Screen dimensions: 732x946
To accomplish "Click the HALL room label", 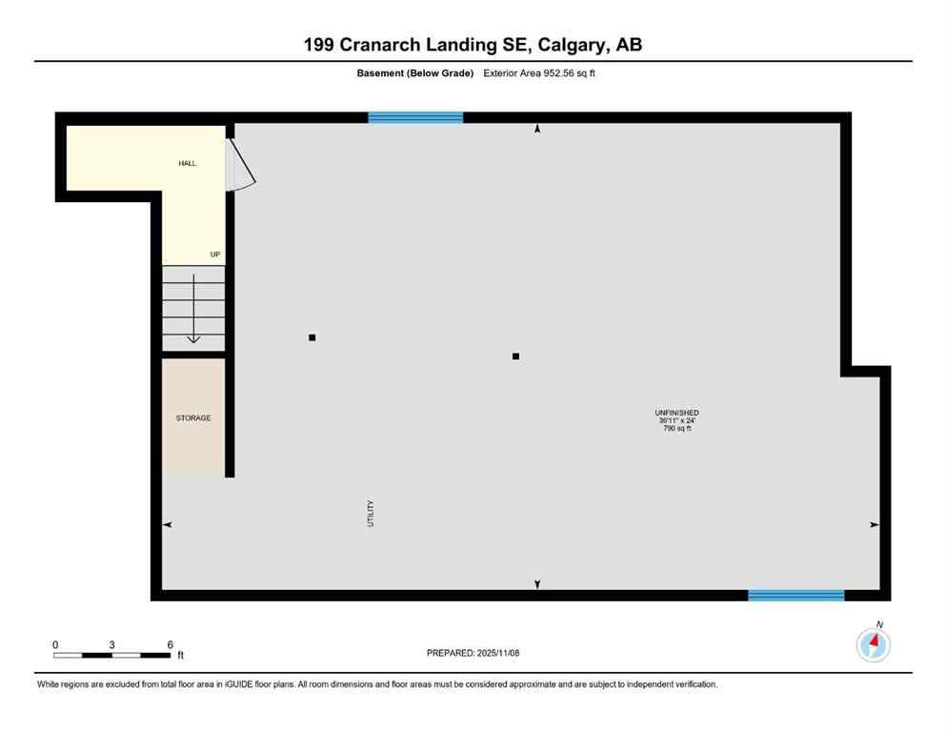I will tap(188, 163).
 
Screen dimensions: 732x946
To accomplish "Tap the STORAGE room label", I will tap(193, 418).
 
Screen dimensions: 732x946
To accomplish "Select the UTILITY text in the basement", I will tap(372, 514).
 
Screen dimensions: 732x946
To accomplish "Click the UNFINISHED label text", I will tap(678, 413).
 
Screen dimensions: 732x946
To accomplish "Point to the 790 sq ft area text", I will tap(677, 428).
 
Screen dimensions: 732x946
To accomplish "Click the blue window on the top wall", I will tap(415, 117).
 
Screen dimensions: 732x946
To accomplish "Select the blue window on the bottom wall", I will tap(795, 596).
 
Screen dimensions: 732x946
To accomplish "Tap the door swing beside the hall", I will tap(239, 164).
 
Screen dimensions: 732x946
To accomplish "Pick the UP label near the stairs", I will tap(215, 254).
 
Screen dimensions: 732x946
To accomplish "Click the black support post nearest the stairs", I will tap(312, 337).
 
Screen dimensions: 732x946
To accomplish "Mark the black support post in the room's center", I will tap(515, 356).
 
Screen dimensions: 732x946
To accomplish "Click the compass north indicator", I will tap(874, 643).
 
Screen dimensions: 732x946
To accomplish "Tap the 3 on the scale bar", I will tap(112, 645).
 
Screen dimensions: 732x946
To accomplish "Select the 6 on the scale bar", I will tap(170, 645).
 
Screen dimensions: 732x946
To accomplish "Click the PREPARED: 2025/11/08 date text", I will tap(473, 653).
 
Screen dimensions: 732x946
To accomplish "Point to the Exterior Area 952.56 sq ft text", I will tap(539, 73).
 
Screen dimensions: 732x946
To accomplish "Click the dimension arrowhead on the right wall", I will tap(874, 524).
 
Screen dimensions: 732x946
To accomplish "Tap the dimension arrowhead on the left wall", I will tap(168, 524).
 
